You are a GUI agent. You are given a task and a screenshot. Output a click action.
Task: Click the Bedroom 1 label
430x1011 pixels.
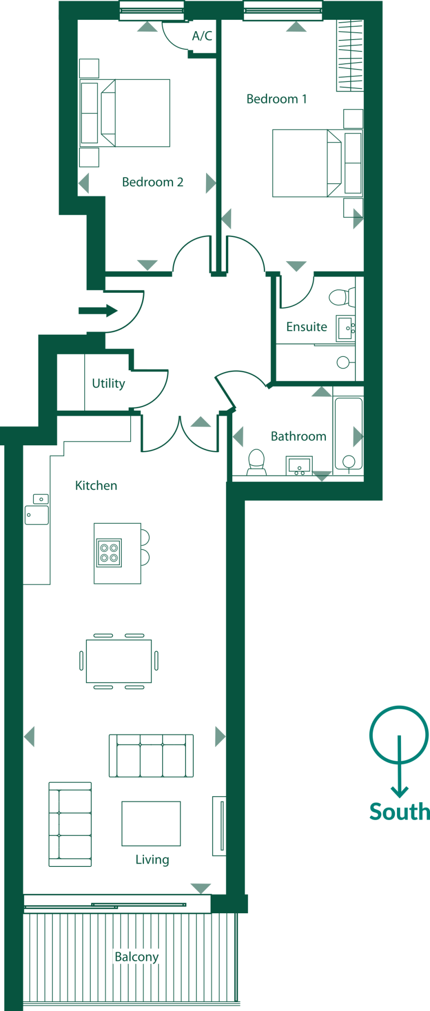(276, 99)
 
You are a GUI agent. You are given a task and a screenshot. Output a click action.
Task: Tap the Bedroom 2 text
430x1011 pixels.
(152, 182)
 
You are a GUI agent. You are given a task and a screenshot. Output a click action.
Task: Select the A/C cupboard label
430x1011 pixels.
(202, 36)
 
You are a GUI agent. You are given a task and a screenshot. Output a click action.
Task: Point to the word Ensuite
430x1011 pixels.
(306, 327)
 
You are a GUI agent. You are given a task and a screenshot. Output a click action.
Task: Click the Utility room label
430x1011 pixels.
(108, 384)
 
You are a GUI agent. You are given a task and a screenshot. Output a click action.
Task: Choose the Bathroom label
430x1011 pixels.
(298, 436)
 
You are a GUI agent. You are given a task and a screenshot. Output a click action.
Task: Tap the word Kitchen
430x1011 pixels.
(96, 486)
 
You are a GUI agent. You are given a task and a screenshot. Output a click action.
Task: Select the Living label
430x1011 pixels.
(152, 859)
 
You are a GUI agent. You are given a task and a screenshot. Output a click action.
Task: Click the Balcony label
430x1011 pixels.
(137, 957)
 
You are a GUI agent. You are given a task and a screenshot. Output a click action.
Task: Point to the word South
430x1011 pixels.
(399, 812)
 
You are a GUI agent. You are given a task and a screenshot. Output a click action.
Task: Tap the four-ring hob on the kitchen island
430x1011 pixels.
(109, 553)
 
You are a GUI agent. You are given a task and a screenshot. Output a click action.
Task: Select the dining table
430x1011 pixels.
(119, 661)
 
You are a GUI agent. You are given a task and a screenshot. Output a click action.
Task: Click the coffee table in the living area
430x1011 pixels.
(151, 823)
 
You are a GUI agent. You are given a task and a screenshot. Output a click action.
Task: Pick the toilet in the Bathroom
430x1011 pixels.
(256, 461)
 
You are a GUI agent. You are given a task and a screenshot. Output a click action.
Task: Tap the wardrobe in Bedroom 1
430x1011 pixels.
(350, 56)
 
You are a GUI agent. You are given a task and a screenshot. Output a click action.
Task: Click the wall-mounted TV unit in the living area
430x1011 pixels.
(219, 825)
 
